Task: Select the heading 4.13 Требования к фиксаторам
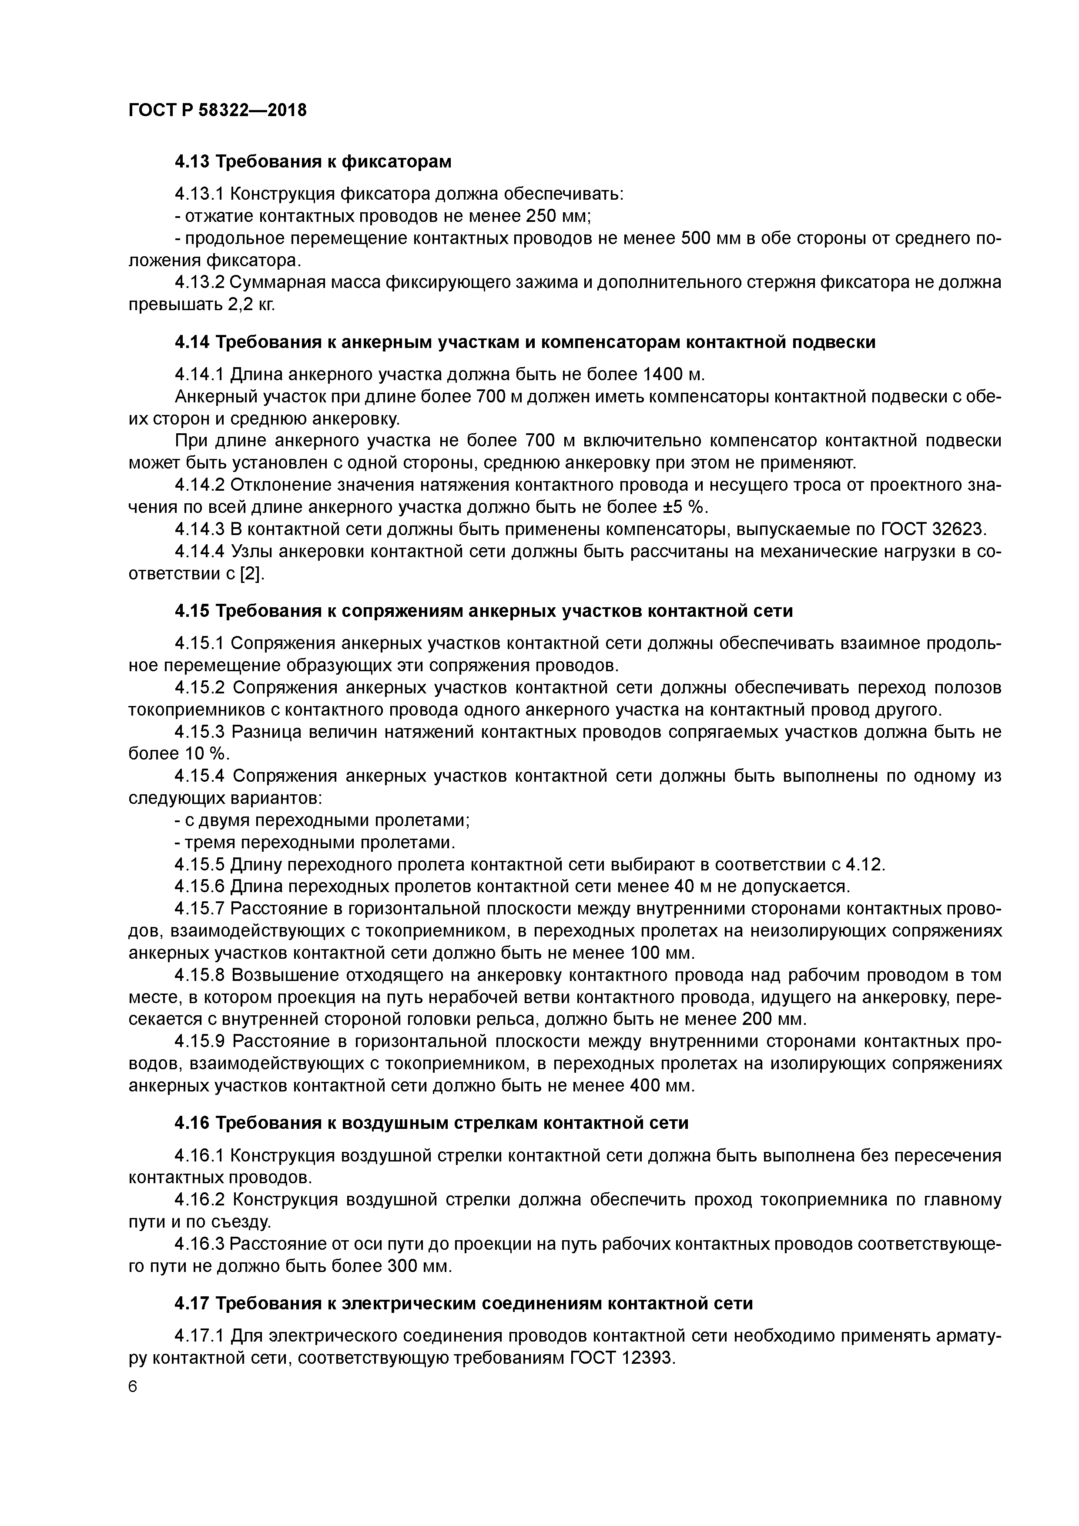pyautogui.click(x=312, y=161)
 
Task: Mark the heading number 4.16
pyautogui.click(x=192, y=1123)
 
